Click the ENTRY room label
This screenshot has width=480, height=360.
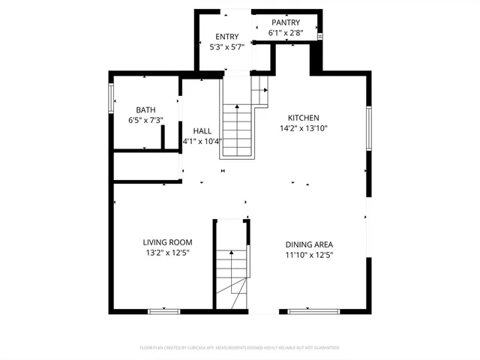coord(226,37)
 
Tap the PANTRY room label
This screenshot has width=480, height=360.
coord(285,22)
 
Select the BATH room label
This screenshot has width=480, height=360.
coord(145,109)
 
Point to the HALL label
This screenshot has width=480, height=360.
coord(202,130)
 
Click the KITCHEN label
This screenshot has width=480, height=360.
coord(304,118)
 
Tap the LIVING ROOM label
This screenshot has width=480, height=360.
coord(167,242)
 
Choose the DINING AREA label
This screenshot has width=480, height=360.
coord(309,244)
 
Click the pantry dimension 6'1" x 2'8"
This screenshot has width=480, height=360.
coord(285,33)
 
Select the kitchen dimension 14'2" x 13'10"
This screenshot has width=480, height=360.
coord(304,128)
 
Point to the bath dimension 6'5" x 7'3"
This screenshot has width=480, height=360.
coord(145,120)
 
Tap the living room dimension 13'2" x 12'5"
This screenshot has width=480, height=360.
coord(167,253)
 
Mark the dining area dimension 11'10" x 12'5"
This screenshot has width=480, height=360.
coord(309,255)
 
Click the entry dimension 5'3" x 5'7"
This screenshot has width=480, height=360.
coord(226,47)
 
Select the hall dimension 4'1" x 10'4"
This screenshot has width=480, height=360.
coord(202,141)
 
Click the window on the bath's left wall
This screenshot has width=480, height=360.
coord(111,97)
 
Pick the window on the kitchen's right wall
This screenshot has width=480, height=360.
coord(368,127)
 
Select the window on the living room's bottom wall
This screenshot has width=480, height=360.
coord(163,310)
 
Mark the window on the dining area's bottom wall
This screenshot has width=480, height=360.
coord(308,310)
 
